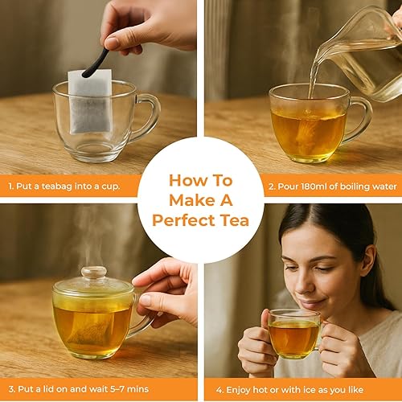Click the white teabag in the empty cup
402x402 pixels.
pyautogui.click(x=88, y=101)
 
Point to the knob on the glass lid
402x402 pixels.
pyautogui.click(x=93, y=273)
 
